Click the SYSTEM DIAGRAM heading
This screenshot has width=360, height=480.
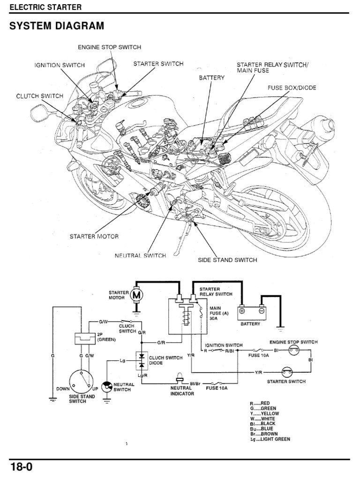pyautogui.click(x=57, y=26)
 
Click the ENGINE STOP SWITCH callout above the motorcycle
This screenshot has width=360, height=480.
pyautogui.click(x=109, y=47)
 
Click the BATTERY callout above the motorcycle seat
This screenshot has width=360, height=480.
pyautogui.click(x=212, y=78)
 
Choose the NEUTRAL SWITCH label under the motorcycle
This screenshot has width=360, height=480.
pyautogui.click(x=140, y=255)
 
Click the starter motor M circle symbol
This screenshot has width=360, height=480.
pyautogui.click(x=137, y=295)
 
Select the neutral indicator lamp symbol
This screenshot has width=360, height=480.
pyautogui.click(x=180, y=380)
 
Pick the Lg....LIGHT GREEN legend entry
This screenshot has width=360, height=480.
pyautogui.click(x=270, y=439)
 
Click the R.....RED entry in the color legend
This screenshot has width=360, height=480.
pyautogui.click(x=260, y=403)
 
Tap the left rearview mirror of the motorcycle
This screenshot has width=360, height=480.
pyautogui.click(x=37, y=112)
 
